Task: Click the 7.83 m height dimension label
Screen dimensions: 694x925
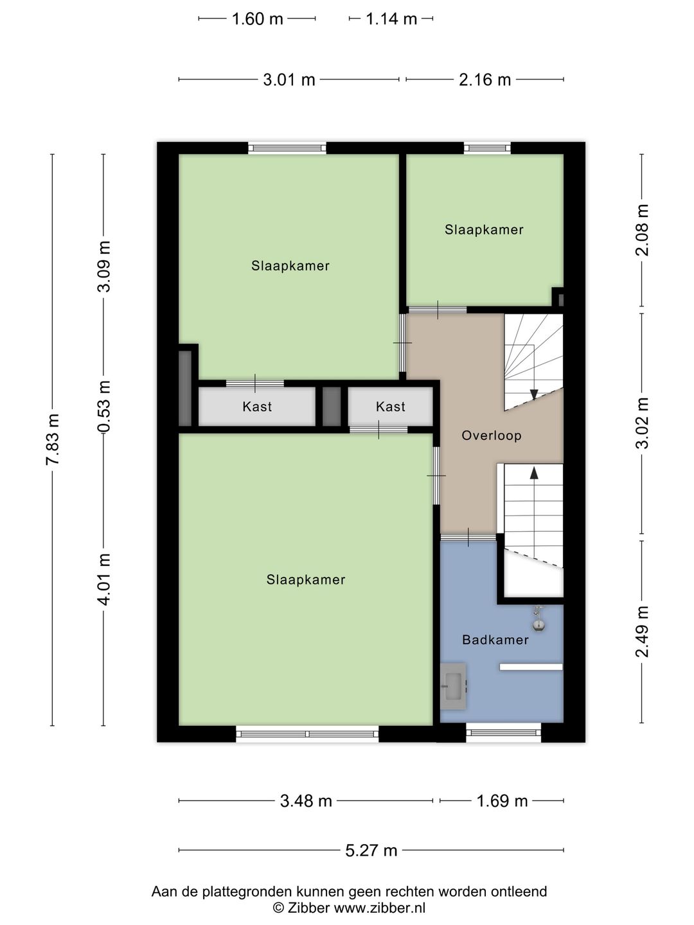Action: pos(53,439)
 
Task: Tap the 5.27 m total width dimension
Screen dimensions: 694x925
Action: pos(371,850)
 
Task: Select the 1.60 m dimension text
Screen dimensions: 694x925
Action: pos(258,19)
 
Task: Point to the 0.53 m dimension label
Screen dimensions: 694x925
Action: pos(103,406)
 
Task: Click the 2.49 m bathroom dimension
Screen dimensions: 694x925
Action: pos(642,631)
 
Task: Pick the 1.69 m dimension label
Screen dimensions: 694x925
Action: pos(502,800)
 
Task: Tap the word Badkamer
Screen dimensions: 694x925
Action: pos(495,640)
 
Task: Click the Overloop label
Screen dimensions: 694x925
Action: pos(492,436)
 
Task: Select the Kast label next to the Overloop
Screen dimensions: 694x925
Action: pos(391,407)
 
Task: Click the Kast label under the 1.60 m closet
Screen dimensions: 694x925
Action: pos(257,407)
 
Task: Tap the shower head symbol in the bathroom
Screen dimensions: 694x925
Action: pos(538,619)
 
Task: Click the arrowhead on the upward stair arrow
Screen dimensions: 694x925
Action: pos(534,473)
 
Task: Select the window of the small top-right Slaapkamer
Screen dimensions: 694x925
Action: pos(488,148)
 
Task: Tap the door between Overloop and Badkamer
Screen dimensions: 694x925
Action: pos(468,538)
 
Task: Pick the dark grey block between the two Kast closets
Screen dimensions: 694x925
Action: pos(332,406)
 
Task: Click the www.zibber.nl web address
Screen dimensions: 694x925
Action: pos(379,908)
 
